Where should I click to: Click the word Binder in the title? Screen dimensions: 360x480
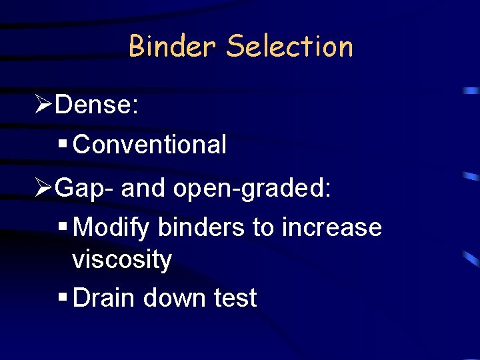[172, 47]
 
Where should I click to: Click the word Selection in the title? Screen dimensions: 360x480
[289, 47]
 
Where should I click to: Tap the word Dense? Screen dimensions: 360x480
[97, 105]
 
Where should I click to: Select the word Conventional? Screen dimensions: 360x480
[150, 144]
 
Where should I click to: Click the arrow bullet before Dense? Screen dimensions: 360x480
[44, 105]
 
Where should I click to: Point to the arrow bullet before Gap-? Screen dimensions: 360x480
[44, 188]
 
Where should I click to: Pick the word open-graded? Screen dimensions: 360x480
[252, 188]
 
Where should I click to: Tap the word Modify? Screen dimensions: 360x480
[113, 227]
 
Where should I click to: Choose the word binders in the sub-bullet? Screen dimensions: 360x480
[202, 227]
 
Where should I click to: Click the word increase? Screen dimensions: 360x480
[332, 227]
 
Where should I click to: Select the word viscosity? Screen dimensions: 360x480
[122, 259]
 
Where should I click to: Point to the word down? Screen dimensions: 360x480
[175, 298]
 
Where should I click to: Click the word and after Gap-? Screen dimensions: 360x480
[145, 188]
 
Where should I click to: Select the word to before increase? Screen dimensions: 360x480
[263, 227]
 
